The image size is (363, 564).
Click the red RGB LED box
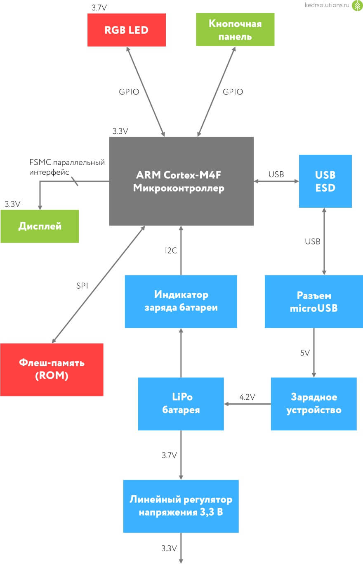pos(126,30)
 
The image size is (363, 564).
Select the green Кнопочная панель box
pos(235,30)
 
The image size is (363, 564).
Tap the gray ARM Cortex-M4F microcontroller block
pos(181,181)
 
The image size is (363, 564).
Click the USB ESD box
pos(325,181)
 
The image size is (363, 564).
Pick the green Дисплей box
pos(40,226)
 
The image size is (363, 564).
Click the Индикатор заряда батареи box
pos(181,301)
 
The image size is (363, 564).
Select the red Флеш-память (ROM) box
pos(52,370)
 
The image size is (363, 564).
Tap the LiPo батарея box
pos(181,403)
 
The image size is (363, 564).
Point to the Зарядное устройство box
pos(313,403)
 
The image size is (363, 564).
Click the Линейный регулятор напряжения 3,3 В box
pos(181,506)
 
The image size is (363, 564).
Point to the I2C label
pos(171,251)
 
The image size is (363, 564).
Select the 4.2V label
pos(247,397)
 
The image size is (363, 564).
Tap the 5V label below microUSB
pos(304,353)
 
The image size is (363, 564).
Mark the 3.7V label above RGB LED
pos(99,7)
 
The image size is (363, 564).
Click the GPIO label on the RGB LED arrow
pos(129,92)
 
